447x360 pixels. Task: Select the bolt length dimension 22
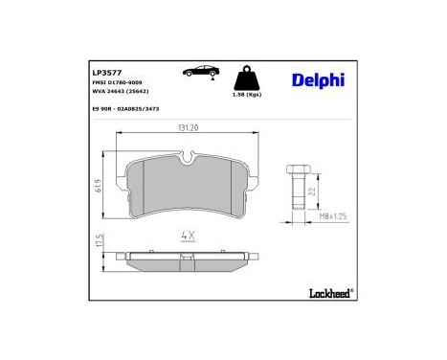[x=312, y=191]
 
